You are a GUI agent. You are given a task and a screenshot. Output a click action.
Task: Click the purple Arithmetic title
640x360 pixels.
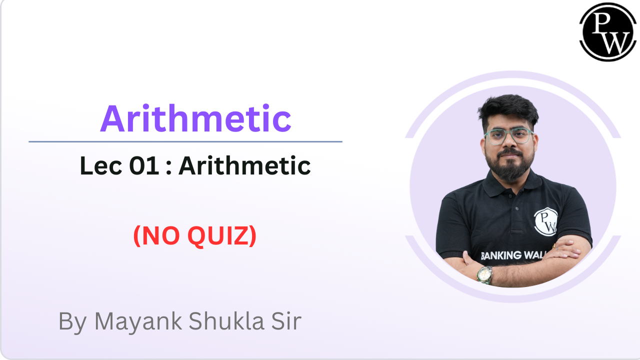point(195,119)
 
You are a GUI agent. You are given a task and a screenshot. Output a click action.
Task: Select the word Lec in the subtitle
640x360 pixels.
point(100,166)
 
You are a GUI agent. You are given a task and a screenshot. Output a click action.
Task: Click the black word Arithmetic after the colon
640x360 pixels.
point(244,166)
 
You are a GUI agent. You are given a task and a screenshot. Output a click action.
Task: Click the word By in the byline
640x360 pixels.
point(72,321)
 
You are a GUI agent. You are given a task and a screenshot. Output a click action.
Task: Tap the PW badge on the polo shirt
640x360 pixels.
point(546,221)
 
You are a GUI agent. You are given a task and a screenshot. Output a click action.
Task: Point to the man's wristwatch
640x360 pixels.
point(484,274)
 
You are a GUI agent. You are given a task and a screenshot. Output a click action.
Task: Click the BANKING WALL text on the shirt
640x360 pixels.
point(507,255)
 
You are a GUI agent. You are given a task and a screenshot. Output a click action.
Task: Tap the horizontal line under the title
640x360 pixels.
point(185,142)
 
